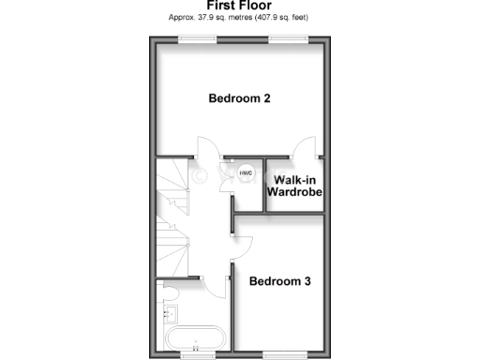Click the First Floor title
(x=239, y=5)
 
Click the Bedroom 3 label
(x=279, y=280)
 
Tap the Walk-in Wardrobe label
(x=295, y=185)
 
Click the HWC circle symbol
(x=246, y=173)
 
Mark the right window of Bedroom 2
(x=286, y=38)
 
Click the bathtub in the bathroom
(x=193, y=341)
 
